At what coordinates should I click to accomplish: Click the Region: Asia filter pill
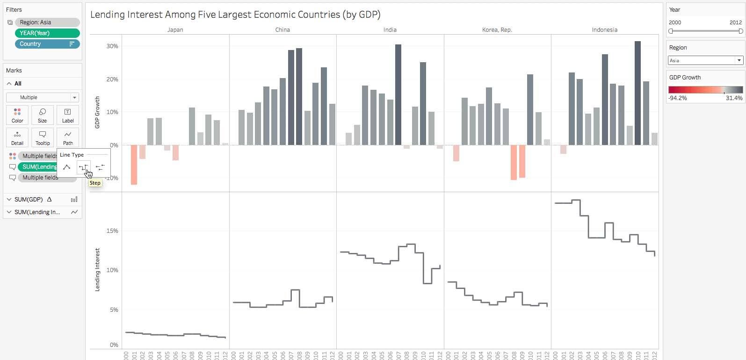click(x=47, y=22)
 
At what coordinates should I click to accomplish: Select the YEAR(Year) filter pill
click(x=47, y=33)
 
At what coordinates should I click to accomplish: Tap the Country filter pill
click(x=47, y=44)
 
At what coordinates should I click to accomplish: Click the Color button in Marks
click(x=17, y=115)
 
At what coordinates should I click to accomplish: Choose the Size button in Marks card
click(x=43, y=115)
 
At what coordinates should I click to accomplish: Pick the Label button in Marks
click(x=68, y=115)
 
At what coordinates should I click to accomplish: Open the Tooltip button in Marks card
click(x=43, y=137)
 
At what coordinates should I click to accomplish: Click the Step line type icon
click(x=83, y=167)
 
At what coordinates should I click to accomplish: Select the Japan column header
click(x=175, y=30)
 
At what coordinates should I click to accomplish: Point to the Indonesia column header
click(x=604, y=30)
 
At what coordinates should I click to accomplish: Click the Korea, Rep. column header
click(x=497, y=30)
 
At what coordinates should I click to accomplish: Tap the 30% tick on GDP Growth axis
click(x=112, y=46)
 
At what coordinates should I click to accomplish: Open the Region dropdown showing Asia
click(x=705, y=60)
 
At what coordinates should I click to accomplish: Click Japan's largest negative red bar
click(x=134, y=165)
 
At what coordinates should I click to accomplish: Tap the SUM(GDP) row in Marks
click(x=29, y=200)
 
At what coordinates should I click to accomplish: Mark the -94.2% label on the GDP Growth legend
click(x=678, y=98)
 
